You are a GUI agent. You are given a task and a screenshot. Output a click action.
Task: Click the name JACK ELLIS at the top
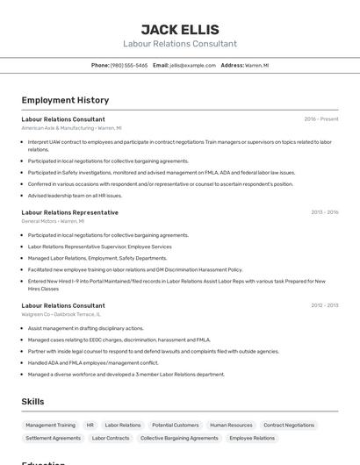(180, 29)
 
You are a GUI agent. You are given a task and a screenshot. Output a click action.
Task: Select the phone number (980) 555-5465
(129, 66)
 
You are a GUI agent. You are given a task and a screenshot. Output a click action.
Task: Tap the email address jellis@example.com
(192, 66)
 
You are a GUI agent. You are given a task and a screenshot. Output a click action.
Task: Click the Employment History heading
(65, 100)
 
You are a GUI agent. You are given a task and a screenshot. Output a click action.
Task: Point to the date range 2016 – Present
(321, 119)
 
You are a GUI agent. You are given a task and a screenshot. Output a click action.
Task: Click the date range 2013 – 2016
(324, 212)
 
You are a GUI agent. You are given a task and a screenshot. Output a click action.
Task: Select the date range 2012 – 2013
(324, 305)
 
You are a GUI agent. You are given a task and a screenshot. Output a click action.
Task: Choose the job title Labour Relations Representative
(70, 212)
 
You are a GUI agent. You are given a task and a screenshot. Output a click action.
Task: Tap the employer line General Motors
(53, 221)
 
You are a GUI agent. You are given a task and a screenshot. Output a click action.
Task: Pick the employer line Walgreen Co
(61, 314)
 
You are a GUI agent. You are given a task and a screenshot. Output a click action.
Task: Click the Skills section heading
(32, 401)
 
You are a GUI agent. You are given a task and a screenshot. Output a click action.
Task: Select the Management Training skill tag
(50, 425)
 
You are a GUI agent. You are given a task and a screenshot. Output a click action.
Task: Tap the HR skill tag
(90, 425)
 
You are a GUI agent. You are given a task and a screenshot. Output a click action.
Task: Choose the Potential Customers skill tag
(175, 425)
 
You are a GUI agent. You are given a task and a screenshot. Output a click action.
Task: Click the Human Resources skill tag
(231, 425)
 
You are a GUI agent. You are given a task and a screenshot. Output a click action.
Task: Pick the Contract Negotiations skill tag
(289, 425)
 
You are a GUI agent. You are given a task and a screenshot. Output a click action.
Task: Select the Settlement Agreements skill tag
(53, 438)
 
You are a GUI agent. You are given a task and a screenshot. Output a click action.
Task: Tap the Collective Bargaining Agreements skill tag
(179, 438)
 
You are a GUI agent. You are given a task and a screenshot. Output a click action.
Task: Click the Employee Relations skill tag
(252, 438)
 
